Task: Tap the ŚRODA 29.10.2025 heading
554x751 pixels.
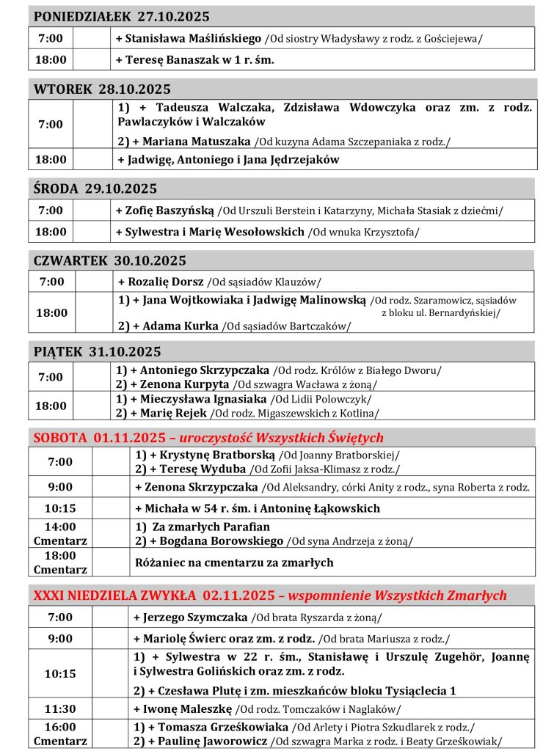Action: point(95,188)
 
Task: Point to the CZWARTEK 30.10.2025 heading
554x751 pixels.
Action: point(110,260)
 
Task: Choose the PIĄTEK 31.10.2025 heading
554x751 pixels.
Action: point(97,351)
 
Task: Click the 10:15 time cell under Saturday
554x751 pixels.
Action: point(60,508)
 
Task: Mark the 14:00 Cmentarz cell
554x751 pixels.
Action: point(60,534)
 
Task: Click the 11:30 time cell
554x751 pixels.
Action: point(60,709)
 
